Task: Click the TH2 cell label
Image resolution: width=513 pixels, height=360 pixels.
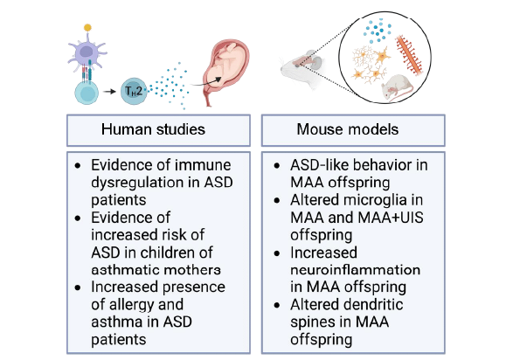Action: click(134, 91)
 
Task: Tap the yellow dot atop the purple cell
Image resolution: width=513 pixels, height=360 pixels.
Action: click(87, 27)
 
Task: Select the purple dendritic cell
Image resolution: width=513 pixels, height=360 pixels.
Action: click(87, 52)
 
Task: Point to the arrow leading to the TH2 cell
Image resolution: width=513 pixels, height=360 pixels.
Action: click(109, 92)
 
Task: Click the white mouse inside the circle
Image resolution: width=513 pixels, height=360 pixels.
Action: click(397, 87)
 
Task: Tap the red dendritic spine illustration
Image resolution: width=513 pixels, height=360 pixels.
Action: click(409, 54)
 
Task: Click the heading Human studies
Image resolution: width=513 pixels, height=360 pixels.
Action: click(153, 129)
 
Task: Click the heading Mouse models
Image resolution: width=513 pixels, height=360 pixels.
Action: click(348, 129)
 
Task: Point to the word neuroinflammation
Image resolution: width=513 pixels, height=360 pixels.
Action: click(356, 270)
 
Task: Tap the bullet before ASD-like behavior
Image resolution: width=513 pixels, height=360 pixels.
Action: click(277, 165)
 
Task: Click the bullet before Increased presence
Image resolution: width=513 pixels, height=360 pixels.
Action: click(78, 287)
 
